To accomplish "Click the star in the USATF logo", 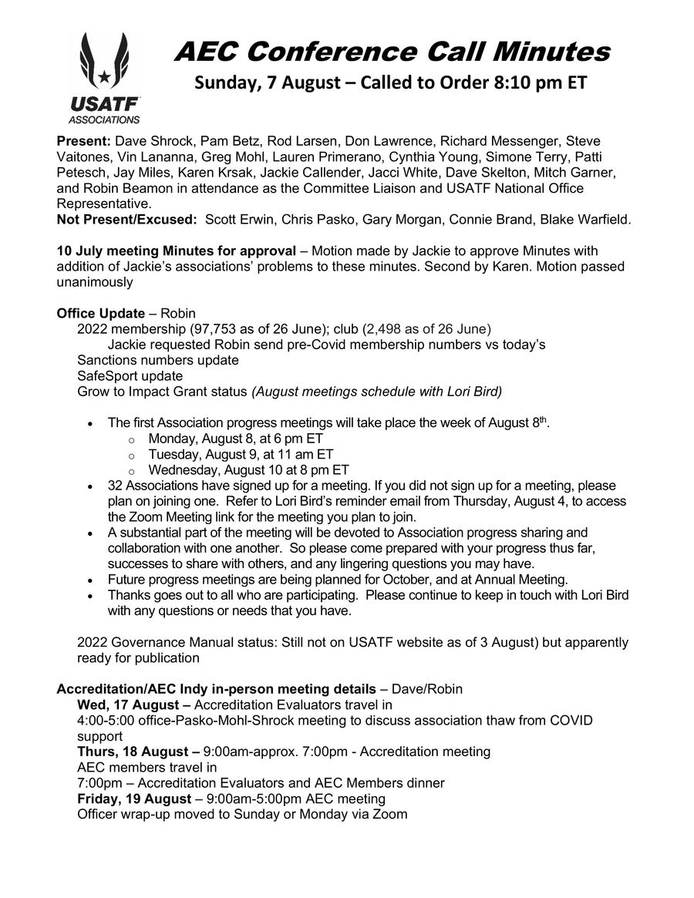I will click(x=104, y=76).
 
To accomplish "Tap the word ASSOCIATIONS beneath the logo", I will click(x=104, y=119).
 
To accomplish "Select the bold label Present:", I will click(x=84, y=141).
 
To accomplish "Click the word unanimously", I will click(x=95, y=282).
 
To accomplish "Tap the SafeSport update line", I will click(x=130, y=376).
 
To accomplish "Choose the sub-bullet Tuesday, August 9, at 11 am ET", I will click(x=241, y=454).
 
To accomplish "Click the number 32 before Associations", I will click(x=115, y=486).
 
